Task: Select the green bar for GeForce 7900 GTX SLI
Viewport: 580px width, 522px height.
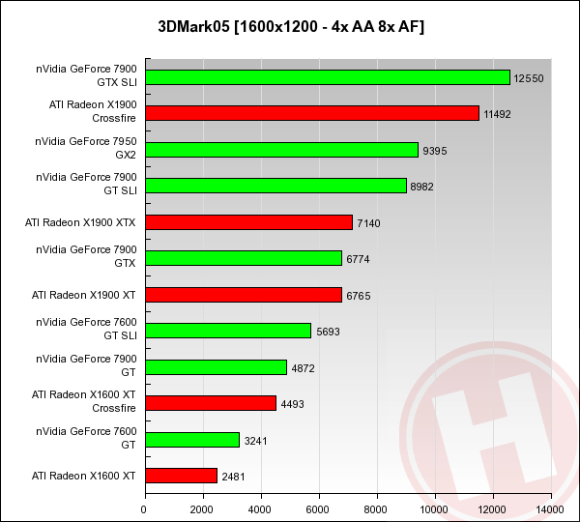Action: click(x=327, y=77)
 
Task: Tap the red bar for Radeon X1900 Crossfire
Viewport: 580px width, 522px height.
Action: click(x=311, y=113)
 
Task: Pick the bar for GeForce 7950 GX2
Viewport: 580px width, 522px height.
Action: click(x=281, y=150)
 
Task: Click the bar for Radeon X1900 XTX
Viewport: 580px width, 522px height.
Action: click(x=248, y=222)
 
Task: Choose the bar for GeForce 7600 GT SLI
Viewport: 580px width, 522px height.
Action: click(x=227, y=331)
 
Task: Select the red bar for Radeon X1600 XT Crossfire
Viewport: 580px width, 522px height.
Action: click(x=210, y=403)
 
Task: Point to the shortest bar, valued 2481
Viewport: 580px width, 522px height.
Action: click(x=181, y=476)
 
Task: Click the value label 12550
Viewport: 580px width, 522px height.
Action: click(x=530, y=77)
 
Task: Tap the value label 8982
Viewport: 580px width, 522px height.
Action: click(x=423, y=186)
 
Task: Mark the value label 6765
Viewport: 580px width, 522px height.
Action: click(x=359, y=295)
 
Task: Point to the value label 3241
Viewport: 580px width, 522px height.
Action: click(x=256, y=440)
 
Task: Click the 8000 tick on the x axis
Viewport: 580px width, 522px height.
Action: click(x=377, y=508)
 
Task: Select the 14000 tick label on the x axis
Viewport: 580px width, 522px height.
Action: click(x=551, y=508)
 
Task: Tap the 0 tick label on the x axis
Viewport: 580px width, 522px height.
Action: click(x=145, y=508)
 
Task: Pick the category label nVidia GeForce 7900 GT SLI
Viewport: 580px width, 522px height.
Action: click(x=86, y=186)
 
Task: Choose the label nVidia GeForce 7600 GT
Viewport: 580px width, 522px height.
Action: click(x=86, y=439)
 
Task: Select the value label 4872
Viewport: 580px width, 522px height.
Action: click(x=305, y=367)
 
